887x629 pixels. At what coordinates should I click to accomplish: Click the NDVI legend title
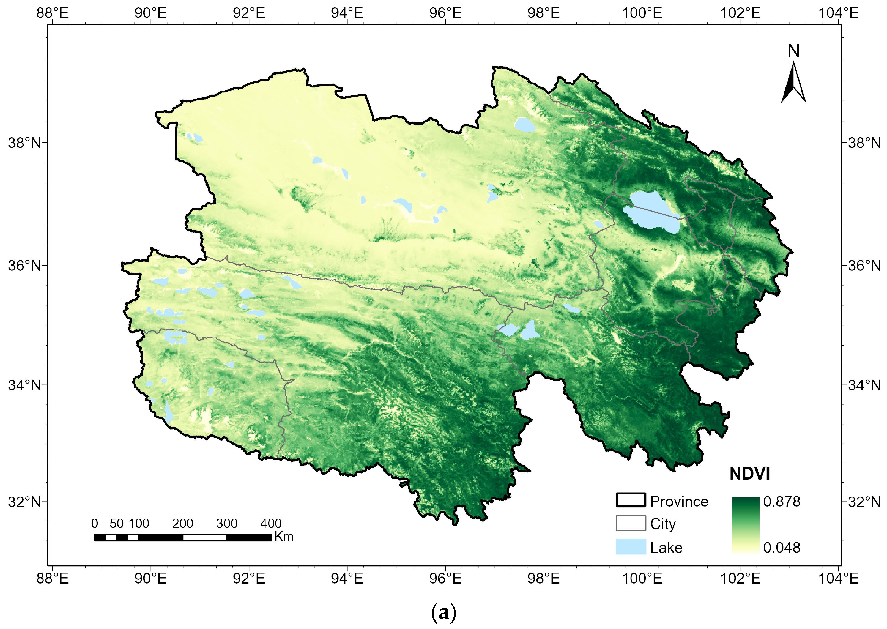tap(749, 474)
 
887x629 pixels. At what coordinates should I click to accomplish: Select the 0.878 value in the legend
tap(781, 502)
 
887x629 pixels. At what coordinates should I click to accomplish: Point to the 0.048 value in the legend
tap(781, 548)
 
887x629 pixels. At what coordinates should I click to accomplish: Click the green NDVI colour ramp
tap(745, 525)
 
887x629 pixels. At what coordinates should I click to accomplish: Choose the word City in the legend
tap(663, 524)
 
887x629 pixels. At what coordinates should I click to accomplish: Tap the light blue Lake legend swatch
tap(631, 547)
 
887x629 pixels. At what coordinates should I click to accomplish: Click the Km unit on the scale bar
tap(284, 537)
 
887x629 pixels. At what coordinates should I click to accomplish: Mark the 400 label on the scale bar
tap(271, 524)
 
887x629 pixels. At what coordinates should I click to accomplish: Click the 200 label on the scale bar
tap(183, 524)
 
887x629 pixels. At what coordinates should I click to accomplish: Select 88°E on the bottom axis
tap(52, 579)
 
